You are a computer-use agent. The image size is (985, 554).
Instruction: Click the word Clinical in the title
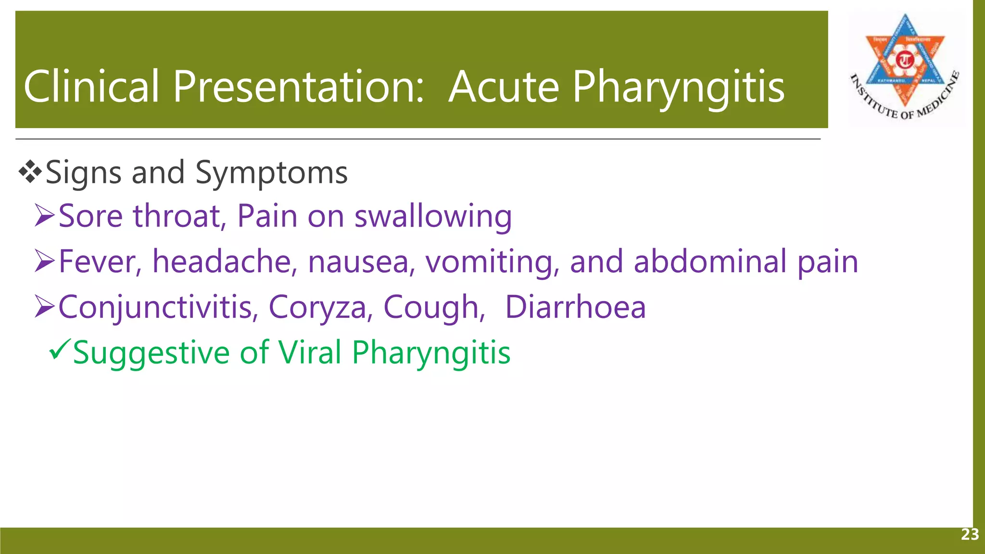point(91,87)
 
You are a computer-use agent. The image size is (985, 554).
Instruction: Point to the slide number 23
point(970,534)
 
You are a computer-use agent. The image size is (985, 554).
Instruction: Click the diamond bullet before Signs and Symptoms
point(30,172)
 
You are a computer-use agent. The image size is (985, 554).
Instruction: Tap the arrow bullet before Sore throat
point(45,216)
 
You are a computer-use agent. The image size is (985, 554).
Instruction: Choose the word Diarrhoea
point(575,307)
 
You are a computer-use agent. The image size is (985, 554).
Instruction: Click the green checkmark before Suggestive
point(60,349)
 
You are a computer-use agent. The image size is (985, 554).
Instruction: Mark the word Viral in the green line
point(310,352)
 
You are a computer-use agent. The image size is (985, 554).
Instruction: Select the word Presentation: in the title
point(298,87)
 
